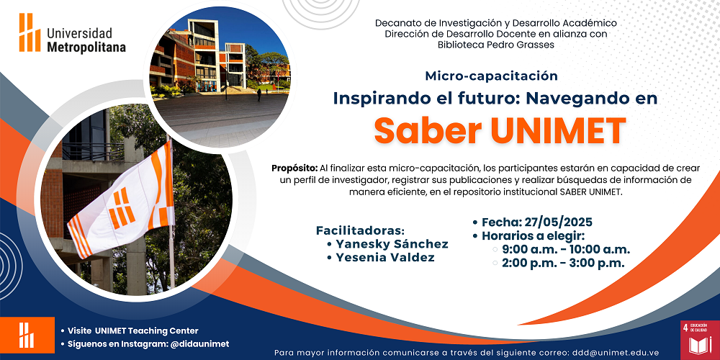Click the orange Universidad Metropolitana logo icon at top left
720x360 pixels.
(30, 32)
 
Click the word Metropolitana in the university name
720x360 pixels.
(86, 48)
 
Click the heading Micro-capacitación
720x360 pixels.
(491, 76)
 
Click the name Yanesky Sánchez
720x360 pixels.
(392, 244)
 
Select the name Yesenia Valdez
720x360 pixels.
(384, 258)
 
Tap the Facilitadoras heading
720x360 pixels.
(360, 230)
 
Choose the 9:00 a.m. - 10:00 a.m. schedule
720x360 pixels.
(566, 250)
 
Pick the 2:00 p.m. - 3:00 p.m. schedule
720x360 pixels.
(563, 263)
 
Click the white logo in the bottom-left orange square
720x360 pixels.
(26, 336)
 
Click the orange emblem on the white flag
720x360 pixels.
(121, 207)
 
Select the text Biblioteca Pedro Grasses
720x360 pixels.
(496, 45)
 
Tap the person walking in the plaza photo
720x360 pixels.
(259, 95)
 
